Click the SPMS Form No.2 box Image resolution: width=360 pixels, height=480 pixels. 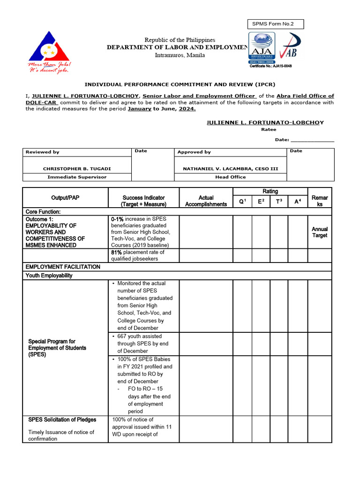(x=275, y=24)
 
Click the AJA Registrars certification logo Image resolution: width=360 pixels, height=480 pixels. (x=262, y=48)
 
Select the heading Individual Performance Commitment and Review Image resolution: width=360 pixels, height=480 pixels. (x=180, y=84)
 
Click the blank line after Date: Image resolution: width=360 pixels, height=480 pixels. (x=312, y=140)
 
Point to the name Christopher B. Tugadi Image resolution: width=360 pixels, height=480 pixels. (x=77, y=168)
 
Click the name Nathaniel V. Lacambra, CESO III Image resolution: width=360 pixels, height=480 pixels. (x=230, y=168)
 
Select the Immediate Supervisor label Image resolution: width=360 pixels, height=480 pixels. (x=77, y=177)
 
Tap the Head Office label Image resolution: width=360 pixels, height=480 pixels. (x=230, y=177)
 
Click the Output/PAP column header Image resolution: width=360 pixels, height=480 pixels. (x=65, y=198)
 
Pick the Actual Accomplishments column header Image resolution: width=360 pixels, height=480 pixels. (x=206, y=201)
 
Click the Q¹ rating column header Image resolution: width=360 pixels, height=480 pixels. (x=243, y=202)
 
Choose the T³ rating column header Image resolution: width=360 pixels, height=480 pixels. (x=279, y=202)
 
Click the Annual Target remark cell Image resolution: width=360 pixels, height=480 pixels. (x=320, y=232)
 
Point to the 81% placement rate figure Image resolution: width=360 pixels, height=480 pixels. (x=117, y=252)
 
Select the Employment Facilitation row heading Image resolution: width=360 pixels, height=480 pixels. (x=63, y=267)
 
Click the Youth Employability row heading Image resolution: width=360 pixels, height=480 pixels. (x=49, y=276)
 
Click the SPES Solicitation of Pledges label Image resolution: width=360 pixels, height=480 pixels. (x=62, y=420)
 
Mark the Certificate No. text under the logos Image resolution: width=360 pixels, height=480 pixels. (x=270, y=66)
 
